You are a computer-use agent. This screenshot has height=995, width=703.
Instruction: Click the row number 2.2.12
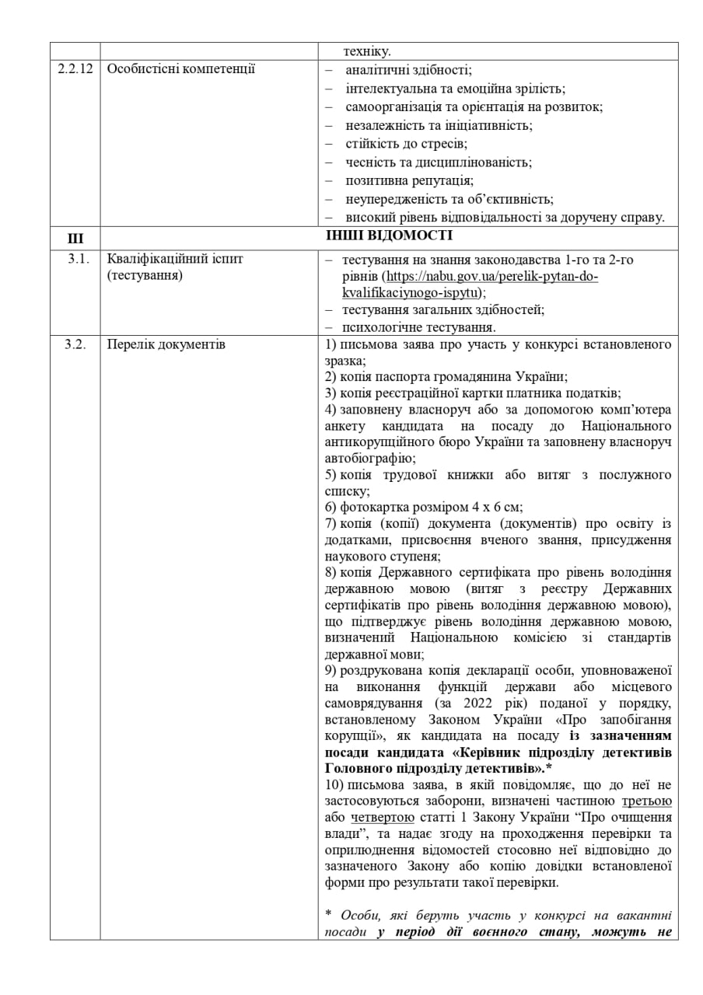pyautogui.click(x=75, y=68)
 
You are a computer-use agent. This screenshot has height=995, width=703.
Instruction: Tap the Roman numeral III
pyautogui.click(x=75, y=237)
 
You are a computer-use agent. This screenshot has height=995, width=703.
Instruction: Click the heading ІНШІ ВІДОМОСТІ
pyautogui.click(x=390, y=236)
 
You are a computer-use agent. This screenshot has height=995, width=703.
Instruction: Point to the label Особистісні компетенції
pyautogui.click(x=180, y=68)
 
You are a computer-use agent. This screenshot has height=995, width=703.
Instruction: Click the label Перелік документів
pyautogui.click(x=166, y=344)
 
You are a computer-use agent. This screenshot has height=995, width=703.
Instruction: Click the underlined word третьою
pyautogui.click(x=647, y=801)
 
